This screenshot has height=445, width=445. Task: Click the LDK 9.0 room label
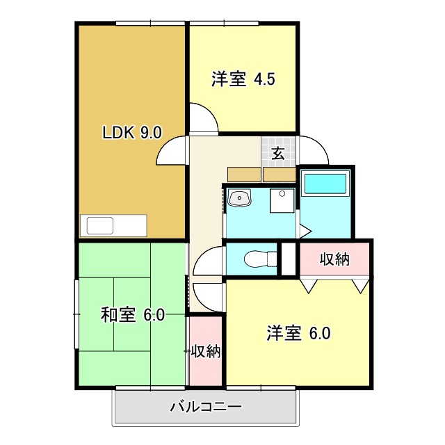click(132, 133)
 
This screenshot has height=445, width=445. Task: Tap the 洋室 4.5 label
click(243, 79)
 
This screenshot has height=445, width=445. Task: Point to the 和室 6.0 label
click(132, 315)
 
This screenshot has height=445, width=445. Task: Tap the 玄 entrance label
click(278, 154)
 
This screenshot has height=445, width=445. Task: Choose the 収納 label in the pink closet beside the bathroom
click(334, 259)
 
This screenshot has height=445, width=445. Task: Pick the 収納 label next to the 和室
click(206, 351)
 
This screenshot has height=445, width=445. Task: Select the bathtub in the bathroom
click(325, 184)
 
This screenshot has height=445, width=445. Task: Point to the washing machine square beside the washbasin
click(283, 200)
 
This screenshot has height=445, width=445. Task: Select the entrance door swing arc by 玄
click(313, 149)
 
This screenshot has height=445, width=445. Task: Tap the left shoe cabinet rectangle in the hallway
click(243, 174)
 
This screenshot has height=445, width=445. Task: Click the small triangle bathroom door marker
click(304, 230)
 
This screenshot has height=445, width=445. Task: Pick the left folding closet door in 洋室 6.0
click(309, 284)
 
